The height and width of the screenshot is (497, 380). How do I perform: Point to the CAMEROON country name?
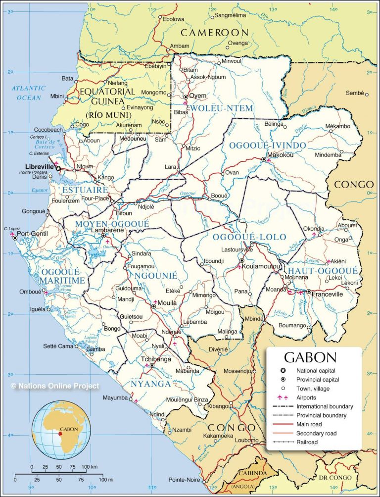pyautogui.click(x=214, y=33)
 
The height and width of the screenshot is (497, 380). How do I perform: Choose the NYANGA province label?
pyautogui.click(x=151, y=384)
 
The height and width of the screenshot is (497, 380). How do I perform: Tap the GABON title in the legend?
pyautogui.click(x=310, y=357)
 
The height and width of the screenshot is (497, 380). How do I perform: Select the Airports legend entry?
pyautogui.click(x=306, y=398)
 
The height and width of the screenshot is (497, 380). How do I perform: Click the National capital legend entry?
pyautogui.click(x=316, y=371)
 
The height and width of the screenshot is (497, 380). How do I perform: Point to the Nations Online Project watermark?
pyautogui.click(x=54, y=386)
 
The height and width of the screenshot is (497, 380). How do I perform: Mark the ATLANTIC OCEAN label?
pyautogui.click(x=29, y=93)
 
